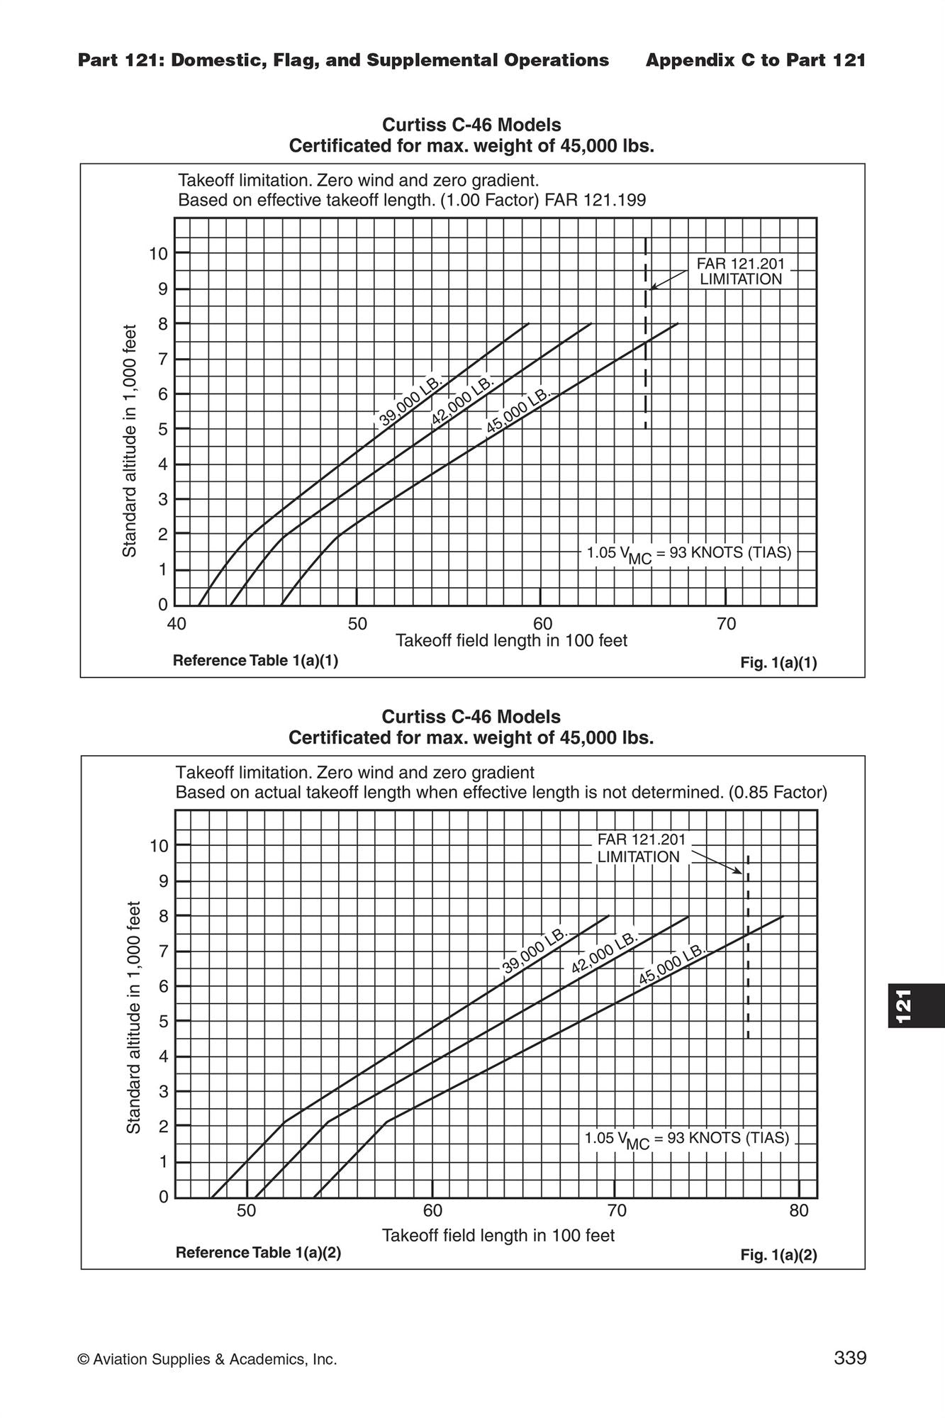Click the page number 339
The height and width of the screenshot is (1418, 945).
[850, 1358]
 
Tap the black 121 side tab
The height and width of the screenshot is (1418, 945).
[916, 1005]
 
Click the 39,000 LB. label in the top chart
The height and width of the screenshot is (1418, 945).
[410, 401]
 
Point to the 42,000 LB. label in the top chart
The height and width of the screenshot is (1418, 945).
[462, 401]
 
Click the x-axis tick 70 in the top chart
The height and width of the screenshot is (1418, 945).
[727, 625]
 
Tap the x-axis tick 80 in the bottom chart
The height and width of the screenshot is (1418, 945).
[799, 1210]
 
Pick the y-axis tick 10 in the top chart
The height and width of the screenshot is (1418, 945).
[158, 253]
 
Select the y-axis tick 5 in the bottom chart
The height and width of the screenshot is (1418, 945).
[163, 1022]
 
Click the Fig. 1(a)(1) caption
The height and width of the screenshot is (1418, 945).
[778, 663]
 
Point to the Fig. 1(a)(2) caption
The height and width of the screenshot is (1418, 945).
[778, 1255]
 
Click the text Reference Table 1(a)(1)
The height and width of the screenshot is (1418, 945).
[255, 661]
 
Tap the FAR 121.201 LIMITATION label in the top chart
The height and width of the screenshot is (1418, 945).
[741, 272]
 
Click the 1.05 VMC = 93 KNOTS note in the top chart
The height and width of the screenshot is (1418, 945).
[688, 554]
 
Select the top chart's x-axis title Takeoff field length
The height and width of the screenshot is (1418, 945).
[511, 641]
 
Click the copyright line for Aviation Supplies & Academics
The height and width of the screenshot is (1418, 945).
[207, 1359]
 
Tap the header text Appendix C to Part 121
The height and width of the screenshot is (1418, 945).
[756, 60]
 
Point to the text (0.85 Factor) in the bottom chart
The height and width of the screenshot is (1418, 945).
[778, 792]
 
